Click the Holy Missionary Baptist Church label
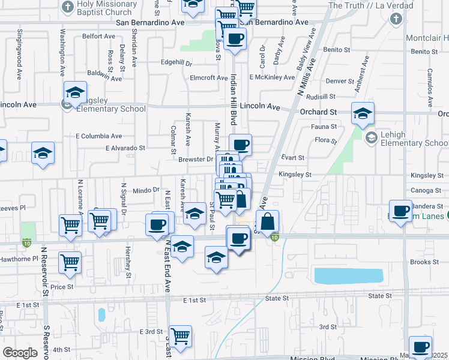click(x=103, y=8)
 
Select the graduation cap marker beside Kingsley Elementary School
click(x=76, y=92)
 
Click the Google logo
click(x=20, y=353)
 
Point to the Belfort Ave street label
click(x=98, y=36)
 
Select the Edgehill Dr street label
click(x=176, y=62)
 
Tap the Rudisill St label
click(x=319, y=97)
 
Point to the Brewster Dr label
click(x=196, y=159)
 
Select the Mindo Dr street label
click(x=146, y=189)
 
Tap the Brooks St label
click(x=424, y=262)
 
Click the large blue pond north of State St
click(x=349, y=276)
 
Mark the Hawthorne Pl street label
click(x=19, y=259)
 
